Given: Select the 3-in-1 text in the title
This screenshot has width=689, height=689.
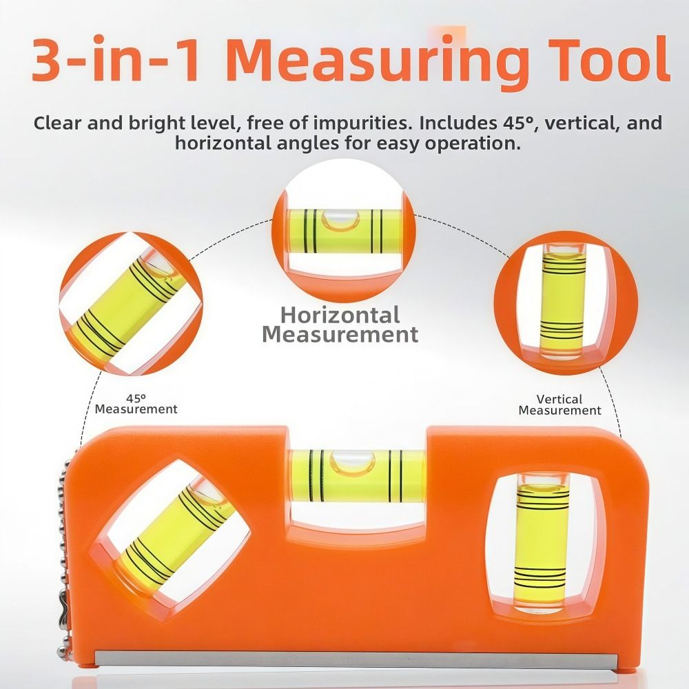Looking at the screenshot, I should coord(117,60).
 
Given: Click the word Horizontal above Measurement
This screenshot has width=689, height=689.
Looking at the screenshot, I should coord(340,316).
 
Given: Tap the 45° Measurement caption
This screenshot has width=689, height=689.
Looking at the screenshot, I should coord(136,404).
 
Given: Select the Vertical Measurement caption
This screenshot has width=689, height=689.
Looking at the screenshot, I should coord(559,404).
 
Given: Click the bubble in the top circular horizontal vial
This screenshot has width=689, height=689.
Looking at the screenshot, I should coord(340,219).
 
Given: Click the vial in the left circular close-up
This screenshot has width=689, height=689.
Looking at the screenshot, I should coord(127,306).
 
